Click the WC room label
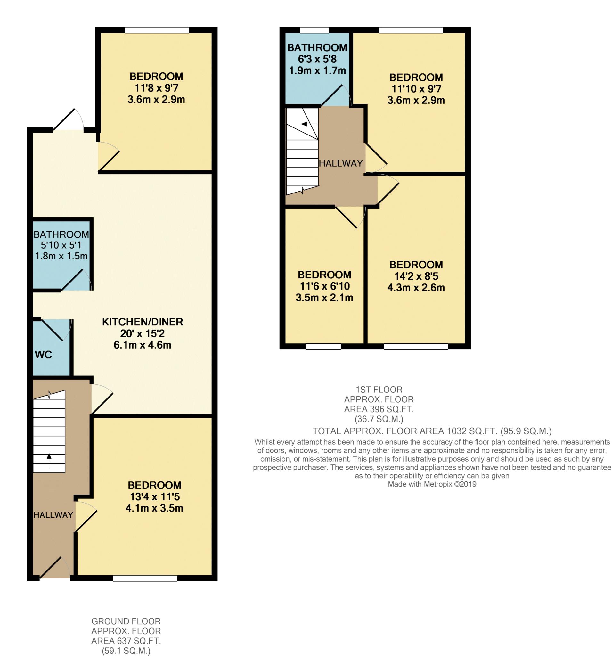pos(43,355)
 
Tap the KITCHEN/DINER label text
pos(142,322)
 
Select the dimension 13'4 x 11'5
pos(154,496)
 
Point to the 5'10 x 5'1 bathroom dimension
pos(61,245)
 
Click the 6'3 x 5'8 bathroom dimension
pos(317,59)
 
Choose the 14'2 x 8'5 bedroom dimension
pos(416,276)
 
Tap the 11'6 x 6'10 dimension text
pos(324,286)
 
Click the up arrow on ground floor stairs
pos(49,461)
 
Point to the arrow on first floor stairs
pos(309,124)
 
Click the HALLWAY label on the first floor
pos(341,163)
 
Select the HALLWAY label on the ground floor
pos(53,515)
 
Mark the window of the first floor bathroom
pos(314,30)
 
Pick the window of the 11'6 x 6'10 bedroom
pos(323,347)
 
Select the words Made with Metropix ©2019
pos(432,484)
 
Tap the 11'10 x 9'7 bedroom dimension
pos(416,89)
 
